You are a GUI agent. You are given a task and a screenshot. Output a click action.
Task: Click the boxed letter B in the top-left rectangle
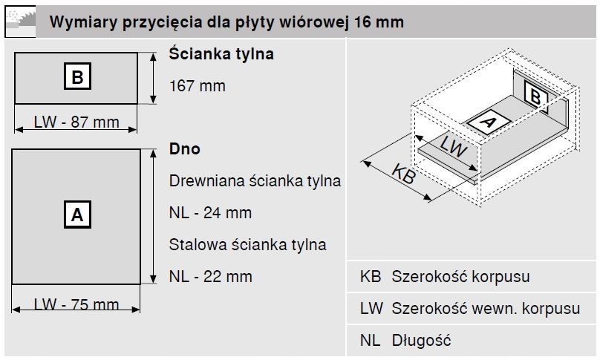click(77, 76)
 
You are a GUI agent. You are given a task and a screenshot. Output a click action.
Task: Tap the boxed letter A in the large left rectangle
click(76, 215)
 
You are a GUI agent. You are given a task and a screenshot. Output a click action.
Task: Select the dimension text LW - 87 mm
click(76, 122)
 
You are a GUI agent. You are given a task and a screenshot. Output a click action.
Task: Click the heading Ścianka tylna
click(221, 54)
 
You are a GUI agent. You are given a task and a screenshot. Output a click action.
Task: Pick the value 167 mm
click(197, 86)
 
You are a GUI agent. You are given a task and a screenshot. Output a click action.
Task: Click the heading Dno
click(185, 149)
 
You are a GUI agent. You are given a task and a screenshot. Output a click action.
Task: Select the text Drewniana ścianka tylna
click(255, 181)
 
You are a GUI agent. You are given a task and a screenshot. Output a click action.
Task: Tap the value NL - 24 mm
click(210, 213)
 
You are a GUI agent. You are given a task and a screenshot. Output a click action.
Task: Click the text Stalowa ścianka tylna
click(247, 245)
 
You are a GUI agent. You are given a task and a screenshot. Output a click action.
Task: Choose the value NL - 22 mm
click(210, 277)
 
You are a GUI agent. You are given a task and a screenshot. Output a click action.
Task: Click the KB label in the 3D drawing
click(402, 174)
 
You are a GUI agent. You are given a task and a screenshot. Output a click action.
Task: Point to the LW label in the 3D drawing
click(452, 145)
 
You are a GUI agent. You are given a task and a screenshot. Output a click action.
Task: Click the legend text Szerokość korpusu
click(460, 277)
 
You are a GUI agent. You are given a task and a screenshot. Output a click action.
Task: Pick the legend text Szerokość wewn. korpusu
click(486, 309)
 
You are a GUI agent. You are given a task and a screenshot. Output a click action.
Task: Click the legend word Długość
click(421, 341)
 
